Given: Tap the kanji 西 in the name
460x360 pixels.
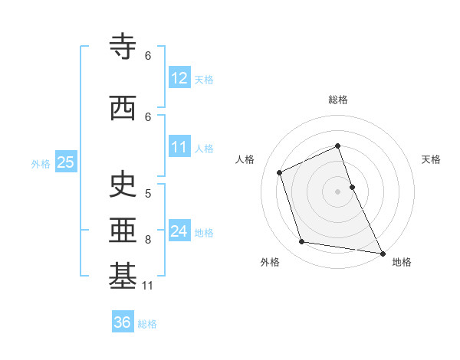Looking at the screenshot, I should [x=123, y=109].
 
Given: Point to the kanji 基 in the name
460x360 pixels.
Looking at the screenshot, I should [x=123, y=277].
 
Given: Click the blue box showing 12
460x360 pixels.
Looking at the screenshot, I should [x=179, y=78].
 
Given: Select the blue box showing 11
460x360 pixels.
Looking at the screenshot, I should [x=179, y=147].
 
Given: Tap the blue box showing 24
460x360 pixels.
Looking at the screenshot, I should [x=179, y=231].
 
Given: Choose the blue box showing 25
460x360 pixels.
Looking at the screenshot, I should [x=65, y=162].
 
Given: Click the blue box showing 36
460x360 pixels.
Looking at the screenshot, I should [x=122, y=322].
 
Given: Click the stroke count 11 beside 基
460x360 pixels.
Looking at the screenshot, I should [x=148, y=286].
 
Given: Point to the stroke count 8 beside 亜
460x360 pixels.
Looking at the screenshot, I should [x=148, y=240].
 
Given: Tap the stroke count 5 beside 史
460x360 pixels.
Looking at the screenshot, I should [x=148, y=193].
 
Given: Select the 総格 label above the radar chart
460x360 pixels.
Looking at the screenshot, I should [x=337, y=100].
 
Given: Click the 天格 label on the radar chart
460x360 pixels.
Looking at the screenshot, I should [x=431, y=159].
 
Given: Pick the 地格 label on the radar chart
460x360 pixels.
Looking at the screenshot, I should [x=402, y=262].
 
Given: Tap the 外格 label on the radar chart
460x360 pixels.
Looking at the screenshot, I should [x=270, y=262].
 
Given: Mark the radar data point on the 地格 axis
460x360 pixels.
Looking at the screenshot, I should [x=382, y=252].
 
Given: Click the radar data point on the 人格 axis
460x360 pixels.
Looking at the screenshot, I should [x=280, y=172].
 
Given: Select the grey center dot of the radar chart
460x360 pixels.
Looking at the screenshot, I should [x=337, y=191].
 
